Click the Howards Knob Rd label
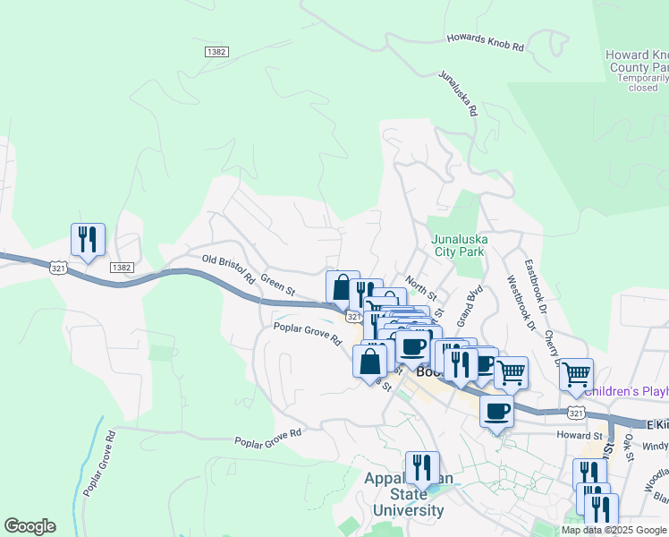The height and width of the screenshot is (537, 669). coord(484,41)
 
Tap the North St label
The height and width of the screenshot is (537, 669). coord(420,288)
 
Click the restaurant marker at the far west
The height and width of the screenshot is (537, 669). coord(88,240)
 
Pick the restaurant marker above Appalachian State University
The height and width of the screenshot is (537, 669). coord(422,467)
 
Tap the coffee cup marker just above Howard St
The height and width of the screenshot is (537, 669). coord(496,411)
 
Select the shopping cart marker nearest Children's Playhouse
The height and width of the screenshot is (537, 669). coord(577,372)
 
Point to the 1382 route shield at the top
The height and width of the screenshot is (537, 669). coord(216,52)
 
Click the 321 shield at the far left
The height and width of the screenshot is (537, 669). coord(57,268)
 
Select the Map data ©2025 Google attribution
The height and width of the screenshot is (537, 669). coord(613,530)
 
